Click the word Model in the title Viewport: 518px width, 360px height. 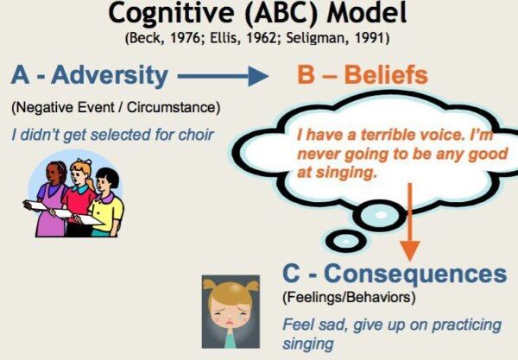pyautogui.click(x=368, y=13)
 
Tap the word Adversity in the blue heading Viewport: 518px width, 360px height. pyautogui.click(x=110, y=76)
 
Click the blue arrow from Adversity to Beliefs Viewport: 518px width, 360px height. pyautogui.click(x=223, y=76)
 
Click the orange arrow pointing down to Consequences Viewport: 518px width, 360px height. pyautogui.click(x=409, y=222)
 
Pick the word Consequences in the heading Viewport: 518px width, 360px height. pyautogui.click(x=415, y=274)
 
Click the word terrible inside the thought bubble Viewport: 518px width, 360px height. pyautogui.click(x=388, y=135)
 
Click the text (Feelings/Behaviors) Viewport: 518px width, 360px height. pyautogui.click(x=349, y=297)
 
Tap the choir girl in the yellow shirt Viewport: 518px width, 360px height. pyautogui.click(x=104, y=203)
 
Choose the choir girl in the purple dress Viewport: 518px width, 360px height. pyautogui.click(x=51, y=199)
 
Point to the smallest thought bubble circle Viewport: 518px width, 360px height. pyautogui.click(x=345, y=241)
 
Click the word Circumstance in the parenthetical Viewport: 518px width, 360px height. pyautogui.click(x=174, y=107)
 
